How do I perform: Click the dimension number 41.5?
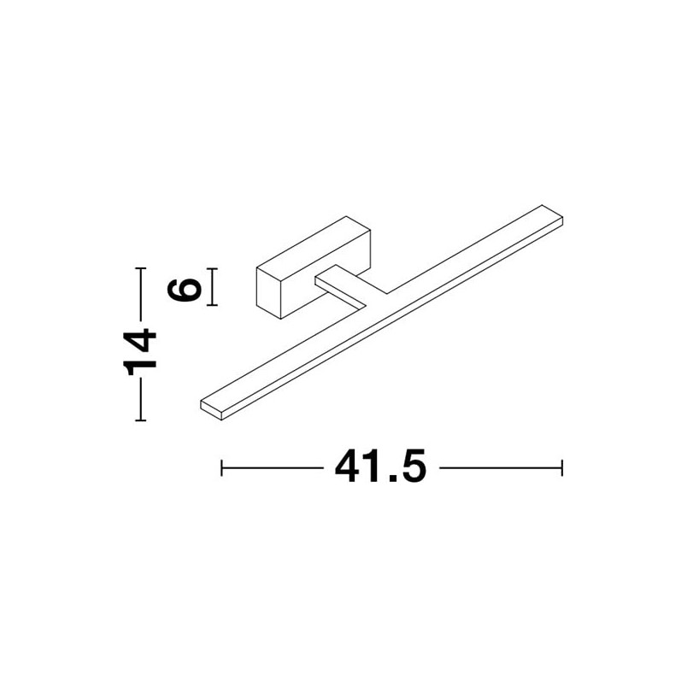coord(380,467)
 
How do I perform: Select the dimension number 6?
coord(185,287)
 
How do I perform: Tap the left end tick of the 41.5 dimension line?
coord(221,468)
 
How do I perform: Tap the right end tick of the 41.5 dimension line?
coord(561,468)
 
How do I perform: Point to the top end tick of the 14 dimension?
coord(140,267)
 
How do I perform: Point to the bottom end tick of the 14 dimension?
coord(140,420)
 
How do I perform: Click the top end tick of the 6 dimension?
coord(212,268)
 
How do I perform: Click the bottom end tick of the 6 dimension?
coord(212,305)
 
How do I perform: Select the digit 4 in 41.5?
coord(348,467)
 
